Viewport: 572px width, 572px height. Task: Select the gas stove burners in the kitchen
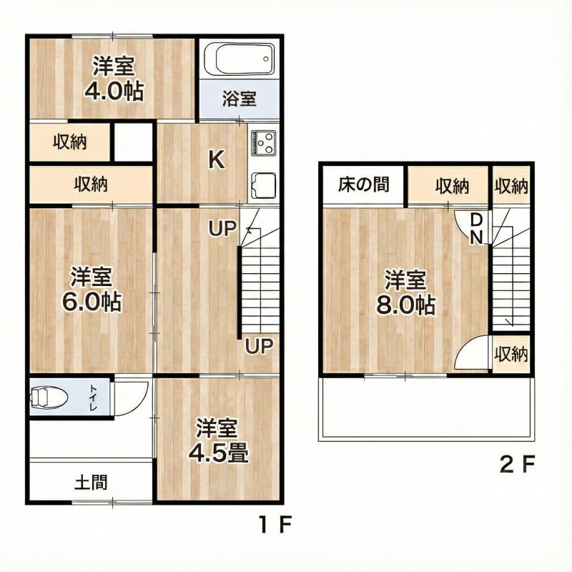coord(264,143)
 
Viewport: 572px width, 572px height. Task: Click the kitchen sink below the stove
coord(264,187)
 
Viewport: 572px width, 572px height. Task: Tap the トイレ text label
coord(94,398)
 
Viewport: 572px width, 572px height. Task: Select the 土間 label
coord(91,483)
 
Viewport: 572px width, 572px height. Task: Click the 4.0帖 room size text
coord(113,92)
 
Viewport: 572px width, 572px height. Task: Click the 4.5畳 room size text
coord(218,453)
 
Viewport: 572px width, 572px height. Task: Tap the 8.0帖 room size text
coord(405,305)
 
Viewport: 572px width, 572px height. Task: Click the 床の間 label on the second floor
coord(363,185)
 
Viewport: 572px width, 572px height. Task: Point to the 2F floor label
coord(516,466)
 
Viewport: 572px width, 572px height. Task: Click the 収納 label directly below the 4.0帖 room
coord(69,142)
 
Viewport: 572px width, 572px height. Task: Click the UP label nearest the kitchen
coord(222,229)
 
